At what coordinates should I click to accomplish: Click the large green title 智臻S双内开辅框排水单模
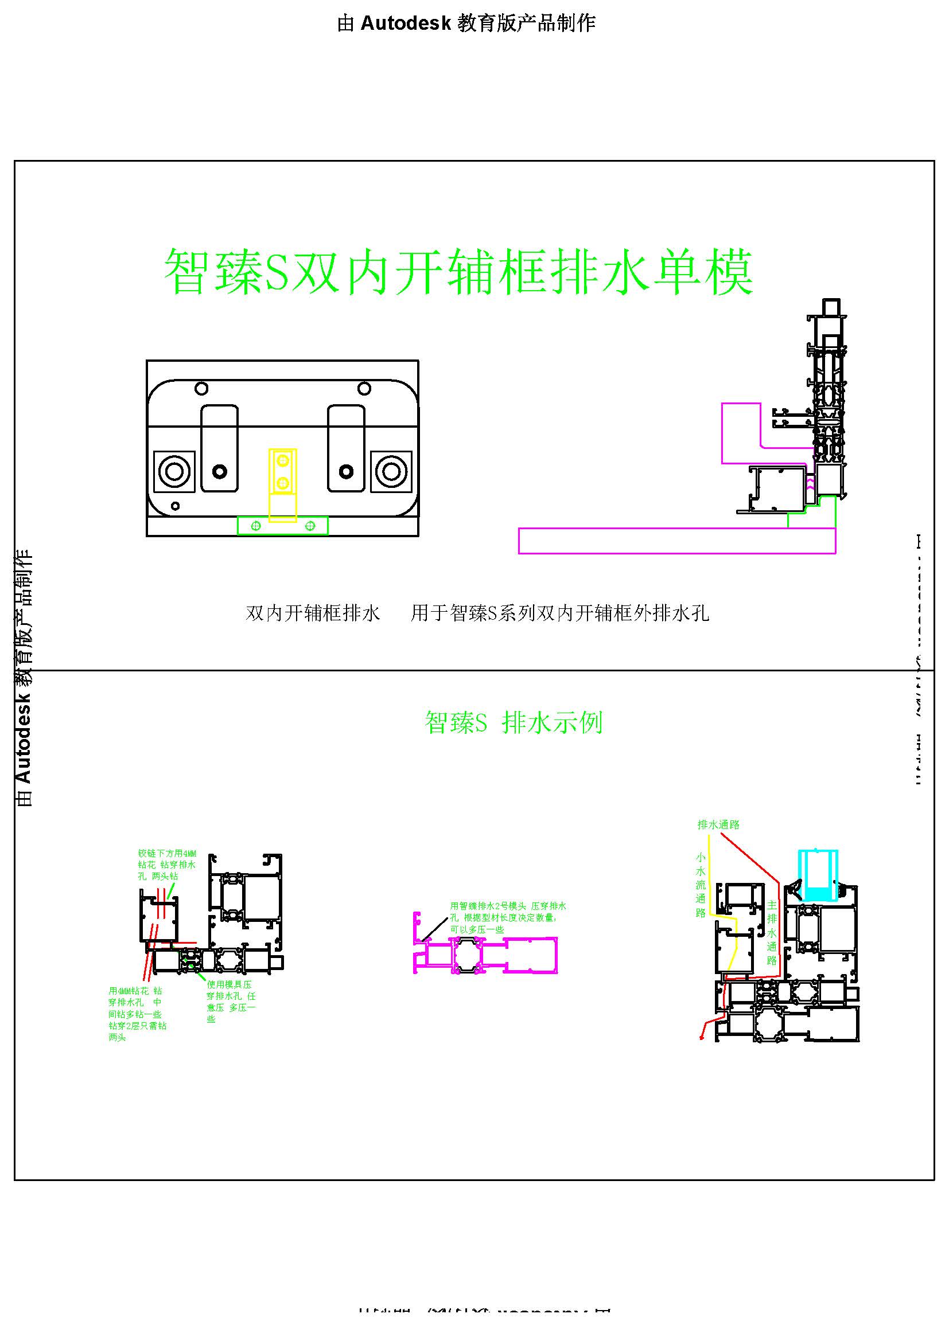pyautogui.click(x=459, y=272)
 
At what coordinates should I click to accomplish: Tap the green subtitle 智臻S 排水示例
pyautogui.click(x=513, y=723)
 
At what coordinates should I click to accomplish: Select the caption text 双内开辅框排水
pyautogui.click(x=313, y=613)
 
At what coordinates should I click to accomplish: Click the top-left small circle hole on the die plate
pyautogui.click(x=201, y=388)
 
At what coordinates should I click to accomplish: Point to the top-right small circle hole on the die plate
pyautogui.click(x=364, y=388)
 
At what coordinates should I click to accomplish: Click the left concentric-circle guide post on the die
pyautogui.click(x=174, y=471)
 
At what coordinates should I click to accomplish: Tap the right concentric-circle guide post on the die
pyautogui.click(x=391, y=471)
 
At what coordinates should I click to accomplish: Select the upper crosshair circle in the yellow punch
pyautogui.click(x=283, y=461)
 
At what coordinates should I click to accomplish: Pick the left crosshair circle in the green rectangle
pyautogui.click(x=255, y=526)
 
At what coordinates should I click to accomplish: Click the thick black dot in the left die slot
pyautogui.click(x=220, y=471)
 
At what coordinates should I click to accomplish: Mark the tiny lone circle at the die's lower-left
pyautogui.click(x=175, y=506)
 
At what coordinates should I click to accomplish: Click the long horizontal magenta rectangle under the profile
pyautogui.click(x=676, y=540)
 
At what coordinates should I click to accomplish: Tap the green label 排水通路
pyautogui.click(x=718, y=824)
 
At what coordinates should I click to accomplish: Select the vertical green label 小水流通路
pyautogui.click(x=701, y=885)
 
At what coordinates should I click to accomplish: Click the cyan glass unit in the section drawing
pyautogui.click(x=818, y=875)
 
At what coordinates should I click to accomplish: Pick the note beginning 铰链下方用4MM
pyautogui.click(x=167, y=865)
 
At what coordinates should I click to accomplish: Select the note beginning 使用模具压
pyautogui.click(x=231, y=1001)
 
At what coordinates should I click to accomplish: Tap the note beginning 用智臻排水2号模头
pyautogui.click(x=507, y=917)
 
